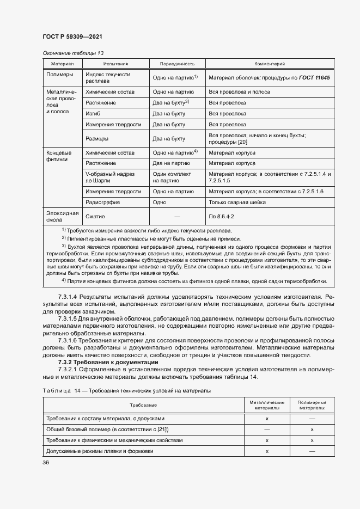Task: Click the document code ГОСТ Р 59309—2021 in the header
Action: click(x=72, y=36)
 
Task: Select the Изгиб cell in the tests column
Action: click(x=94, y=113)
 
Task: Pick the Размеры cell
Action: click(x=97, y=138)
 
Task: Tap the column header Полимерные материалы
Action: click(x=312, y=404)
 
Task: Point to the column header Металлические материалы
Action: click(x=267, y=404)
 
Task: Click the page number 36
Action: click(x=46, y=463)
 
